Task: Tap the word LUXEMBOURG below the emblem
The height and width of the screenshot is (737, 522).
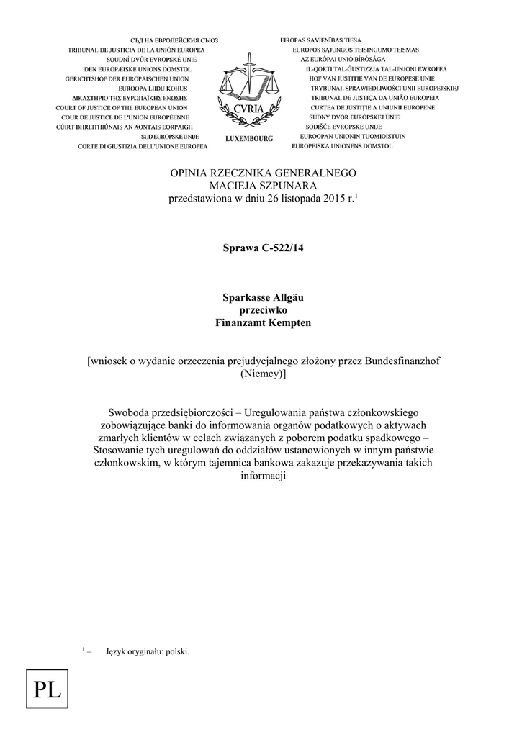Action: point(249,138)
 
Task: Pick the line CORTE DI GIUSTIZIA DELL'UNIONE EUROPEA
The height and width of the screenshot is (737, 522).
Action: point(143,146)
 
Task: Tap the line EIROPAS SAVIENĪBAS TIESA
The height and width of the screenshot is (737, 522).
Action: point(321,40)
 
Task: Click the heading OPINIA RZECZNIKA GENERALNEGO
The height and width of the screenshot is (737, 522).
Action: point(263,173)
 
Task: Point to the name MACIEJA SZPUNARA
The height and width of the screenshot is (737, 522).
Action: point(263,186)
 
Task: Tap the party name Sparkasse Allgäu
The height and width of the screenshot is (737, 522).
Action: point(263,298)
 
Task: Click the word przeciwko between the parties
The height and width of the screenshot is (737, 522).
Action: point(263,310)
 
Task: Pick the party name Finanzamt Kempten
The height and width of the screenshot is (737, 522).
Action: point(263,322)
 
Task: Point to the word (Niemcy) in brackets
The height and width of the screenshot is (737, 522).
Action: point(263,374)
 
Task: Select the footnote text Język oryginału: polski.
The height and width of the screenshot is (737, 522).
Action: point(147,651)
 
